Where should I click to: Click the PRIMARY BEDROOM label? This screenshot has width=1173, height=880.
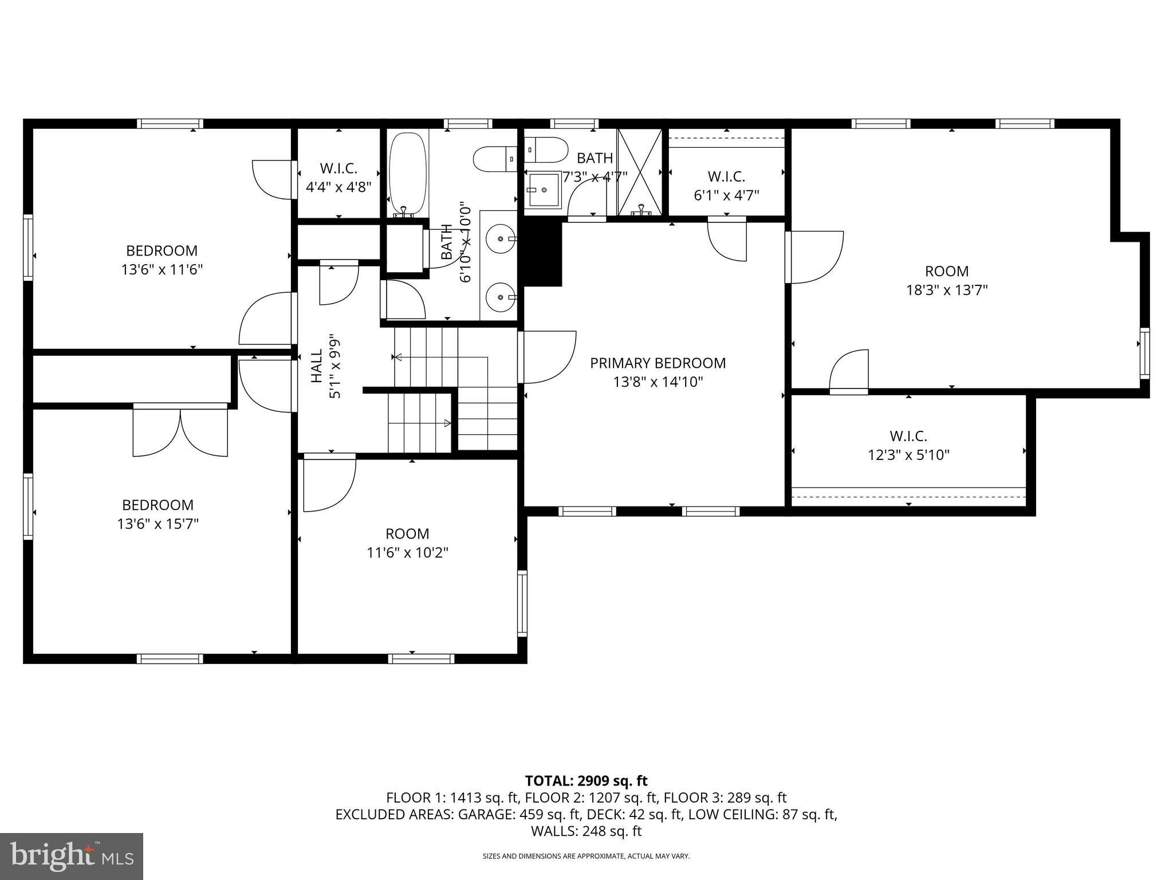coord(658,363)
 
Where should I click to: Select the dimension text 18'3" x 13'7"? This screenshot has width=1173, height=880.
coord(947,290)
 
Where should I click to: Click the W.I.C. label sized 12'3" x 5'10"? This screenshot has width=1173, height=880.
coord(908,437)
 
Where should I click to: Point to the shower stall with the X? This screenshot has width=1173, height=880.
coord(640,171)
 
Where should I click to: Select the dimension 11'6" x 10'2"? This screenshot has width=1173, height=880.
coord(407,553)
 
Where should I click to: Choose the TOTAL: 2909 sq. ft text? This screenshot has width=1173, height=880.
coord(586,781)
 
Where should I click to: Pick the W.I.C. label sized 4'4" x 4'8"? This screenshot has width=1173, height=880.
coord(338,168)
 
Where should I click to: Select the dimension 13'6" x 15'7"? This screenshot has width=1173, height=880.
coord(158,524)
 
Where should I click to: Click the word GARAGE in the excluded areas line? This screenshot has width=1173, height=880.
coord(485,814)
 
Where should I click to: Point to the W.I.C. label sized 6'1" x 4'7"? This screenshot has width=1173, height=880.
coord(726,176)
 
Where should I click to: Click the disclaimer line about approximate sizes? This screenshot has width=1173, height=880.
coord(586,857)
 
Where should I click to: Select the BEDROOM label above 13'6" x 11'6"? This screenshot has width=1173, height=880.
coord(162,251)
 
